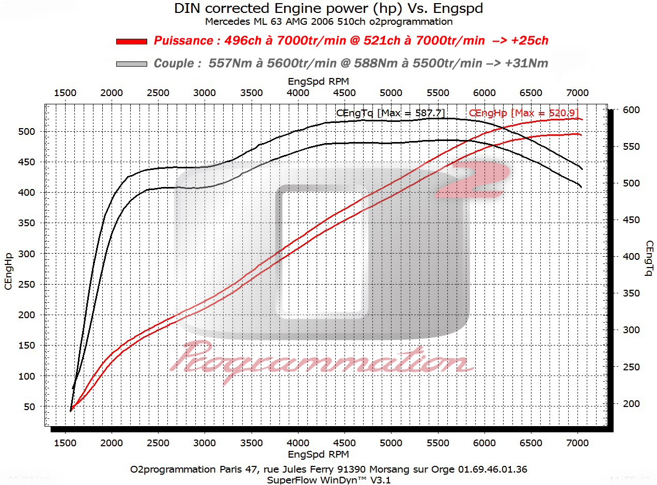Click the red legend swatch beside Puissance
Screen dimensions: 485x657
(132, 41)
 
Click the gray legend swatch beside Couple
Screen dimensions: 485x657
(132, 64)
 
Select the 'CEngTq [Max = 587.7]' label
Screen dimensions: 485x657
(390, 113)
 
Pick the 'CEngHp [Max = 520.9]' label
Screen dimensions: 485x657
(523, 113)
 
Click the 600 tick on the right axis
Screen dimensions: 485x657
(631, 110)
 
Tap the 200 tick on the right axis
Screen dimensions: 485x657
(631, 404)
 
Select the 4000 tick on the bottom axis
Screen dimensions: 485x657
(298, 443)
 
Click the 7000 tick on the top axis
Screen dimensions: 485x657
(577, 93)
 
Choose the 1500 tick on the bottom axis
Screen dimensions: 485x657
(65, 443)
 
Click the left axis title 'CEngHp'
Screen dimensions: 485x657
(8, 271)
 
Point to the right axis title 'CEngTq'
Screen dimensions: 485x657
(649, 258)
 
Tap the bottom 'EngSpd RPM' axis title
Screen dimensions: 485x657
(318, 455)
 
